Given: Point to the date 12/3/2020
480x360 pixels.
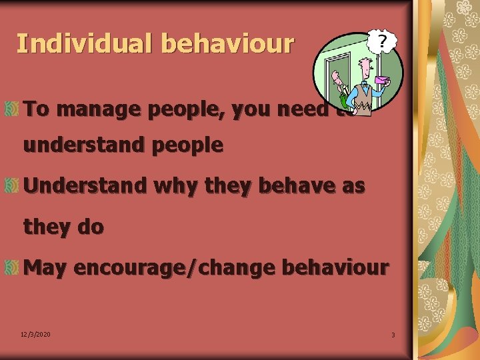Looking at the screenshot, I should click(x=36, y=334).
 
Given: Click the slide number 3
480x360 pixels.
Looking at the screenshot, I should click(x=393, y=335).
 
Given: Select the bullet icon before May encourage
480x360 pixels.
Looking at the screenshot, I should click(x=11, y=268).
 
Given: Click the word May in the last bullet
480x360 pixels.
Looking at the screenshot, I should click(x=45, y=267).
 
